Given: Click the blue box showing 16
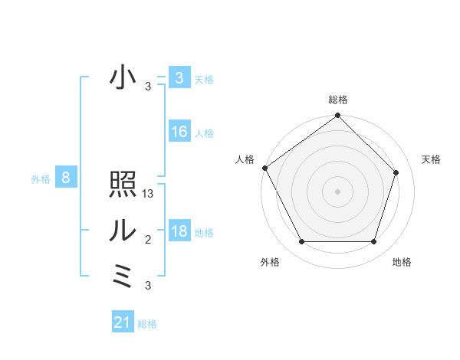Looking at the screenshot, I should click(x=179, y=132).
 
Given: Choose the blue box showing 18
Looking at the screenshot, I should click(x=179, y=231).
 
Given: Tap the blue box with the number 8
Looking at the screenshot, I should click(x=66, y=178).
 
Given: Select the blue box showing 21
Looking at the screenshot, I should click(x=123, y=322).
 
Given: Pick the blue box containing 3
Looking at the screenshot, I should click(x=179, y=78).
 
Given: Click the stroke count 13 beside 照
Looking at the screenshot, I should click(x=149, y=195).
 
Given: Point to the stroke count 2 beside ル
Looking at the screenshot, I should click(x=148, y=241).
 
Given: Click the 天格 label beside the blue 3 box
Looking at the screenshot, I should click(x=204, y=79).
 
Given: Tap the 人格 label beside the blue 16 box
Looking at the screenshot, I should click(x=204, y=133).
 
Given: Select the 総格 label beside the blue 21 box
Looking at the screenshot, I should click(x=147, y=324).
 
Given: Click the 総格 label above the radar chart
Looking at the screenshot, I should click(x=338, y=100).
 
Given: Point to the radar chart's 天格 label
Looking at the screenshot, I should click(x=432, y=159).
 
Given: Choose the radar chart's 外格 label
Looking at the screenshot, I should click(x=270, y=262).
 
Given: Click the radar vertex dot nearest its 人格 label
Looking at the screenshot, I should click(x=264, y=168).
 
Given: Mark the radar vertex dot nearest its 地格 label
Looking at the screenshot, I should click(x=373, y=242).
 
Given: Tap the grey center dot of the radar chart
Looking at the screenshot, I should click(x=337, y=191).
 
